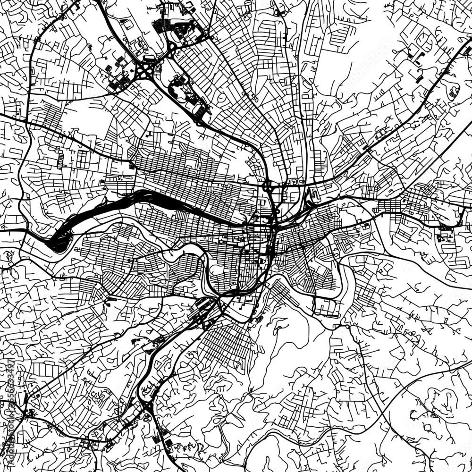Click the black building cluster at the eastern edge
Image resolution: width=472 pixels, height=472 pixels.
tap(446, 234)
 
